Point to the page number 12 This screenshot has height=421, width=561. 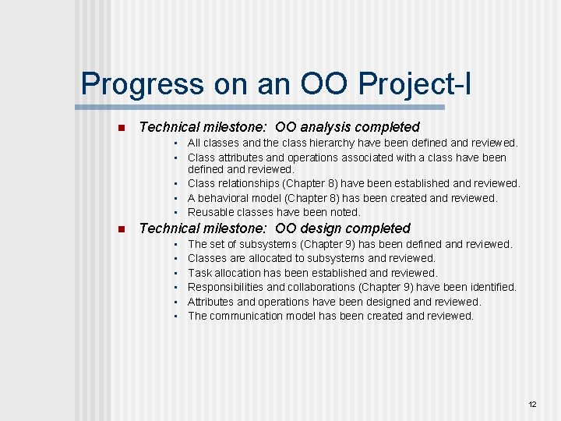click(x=533, y=405)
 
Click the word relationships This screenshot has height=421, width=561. click(x=254, y=183)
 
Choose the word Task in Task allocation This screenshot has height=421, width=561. click(x=199, y=273)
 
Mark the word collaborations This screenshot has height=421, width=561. click(x=321, y=287)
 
